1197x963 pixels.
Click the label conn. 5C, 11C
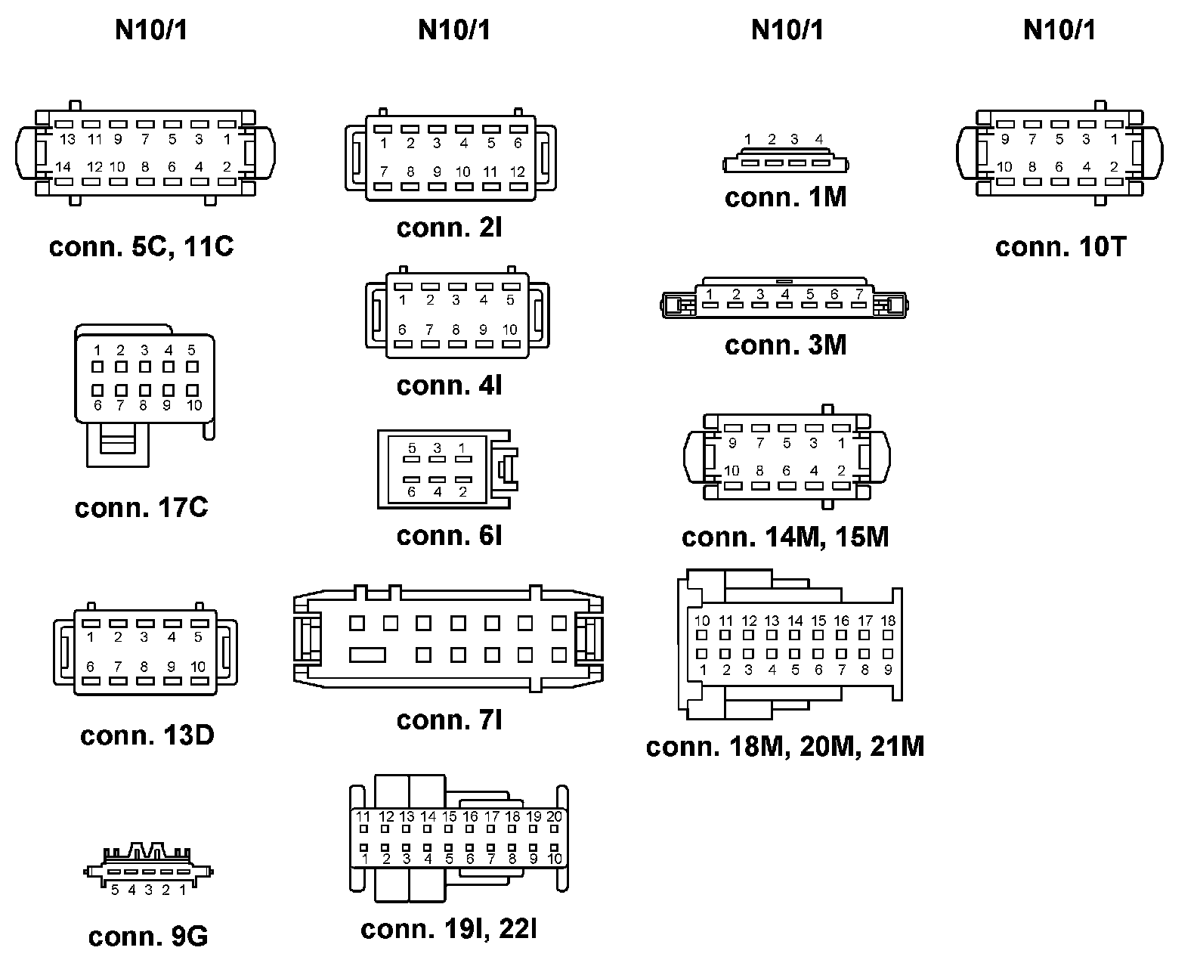pyautogui.click(x=141, y=247)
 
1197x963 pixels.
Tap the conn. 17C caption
pyautogui.click(x=141, y=507)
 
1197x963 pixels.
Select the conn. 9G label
pyautogui.click(x=148, y=937)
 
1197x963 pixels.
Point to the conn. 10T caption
pyautogui.click(x=1060, y=247)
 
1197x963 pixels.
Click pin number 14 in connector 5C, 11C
pyautogui.click(x=63, y=167)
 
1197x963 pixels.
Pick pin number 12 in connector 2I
pyautogui.click(x=517, y=172)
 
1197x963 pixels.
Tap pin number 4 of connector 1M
pyautogui.click(x=819, y=139)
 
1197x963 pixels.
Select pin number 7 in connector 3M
pyautogui.click(x=859, y=294)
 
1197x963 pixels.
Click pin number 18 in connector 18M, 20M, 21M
pyautogui.click(x=889, y=621)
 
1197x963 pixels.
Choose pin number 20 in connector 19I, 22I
pyautogui.click(x=555, y=816)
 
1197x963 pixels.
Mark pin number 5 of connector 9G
pyautogui.click(x=115, y=890)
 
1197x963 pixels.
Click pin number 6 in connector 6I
pyautogui.click(x=412, y=491)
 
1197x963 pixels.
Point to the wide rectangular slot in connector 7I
pyautogui.click(x=368, y=655)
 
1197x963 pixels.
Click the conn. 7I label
pyautogui.click(x=450, y=720)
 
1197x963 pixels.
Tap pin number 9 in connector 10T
pyautogui.click(x=1004, y=139)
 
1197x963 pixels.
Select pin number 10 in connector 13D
pyautogui.click(x=198, y=667)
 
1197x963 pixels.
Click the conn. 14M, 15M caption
pyautogui.click(x=785, y=537)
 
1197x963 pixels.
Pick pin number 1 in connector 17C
pyautogui.click(x=97, y=350)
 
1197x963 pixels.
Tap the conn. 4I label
pyautogui.click(x=450, y=386)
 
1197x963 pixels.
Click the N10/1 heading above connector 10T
pyautogui.click(x=1059, y=30)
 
